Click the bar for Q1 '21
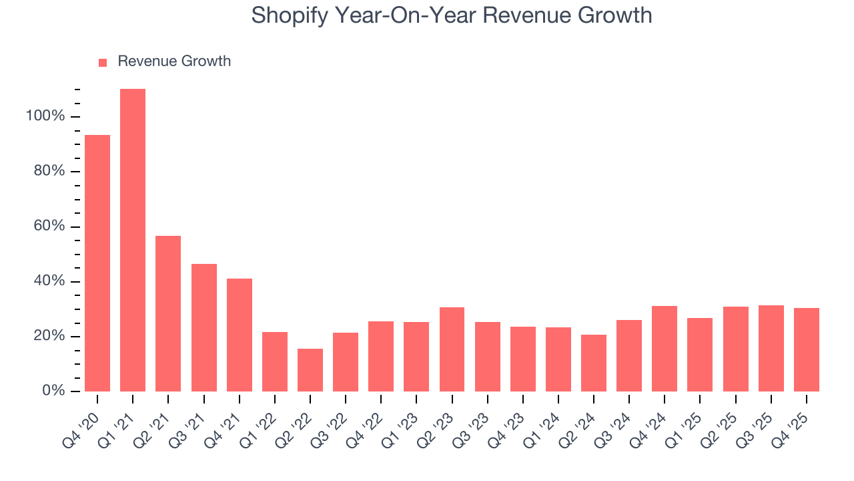click(x=133, y=240)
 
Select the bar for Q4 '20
click(x=97, y=263)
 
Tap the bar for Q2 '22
click(x=310, y=369)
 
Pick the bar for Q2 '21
click(x=168, y=313)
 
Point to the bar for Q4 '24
click(x=665, y=348)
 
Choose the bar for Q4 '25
click(x=807, y=349)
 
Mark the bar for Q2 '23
click(x=452, y=349)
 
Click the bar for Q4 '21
click(x=240, y=335)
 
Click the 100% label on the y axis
click(x=45, y=116)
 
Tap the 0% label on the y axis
click(x=53, y=391)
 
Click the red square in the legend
click(x=103, y=62)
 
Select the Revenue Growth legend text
click(x=174, y=61)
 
